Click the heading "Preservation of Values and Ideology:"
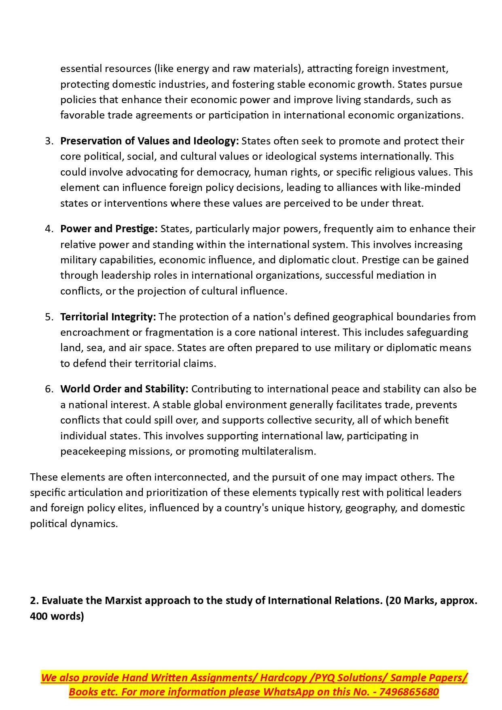click(149, 141)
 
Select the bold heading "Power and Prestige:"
click(109, 229)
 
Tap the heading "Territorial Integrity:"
click(108, 317)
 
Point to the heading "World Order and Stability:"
click(124, 389)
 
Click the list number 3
click(49, 141)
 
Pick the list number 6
click(49, 389)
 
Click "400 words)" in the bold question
click(57, 616)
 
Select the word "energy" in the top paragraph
click(193, 68)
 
